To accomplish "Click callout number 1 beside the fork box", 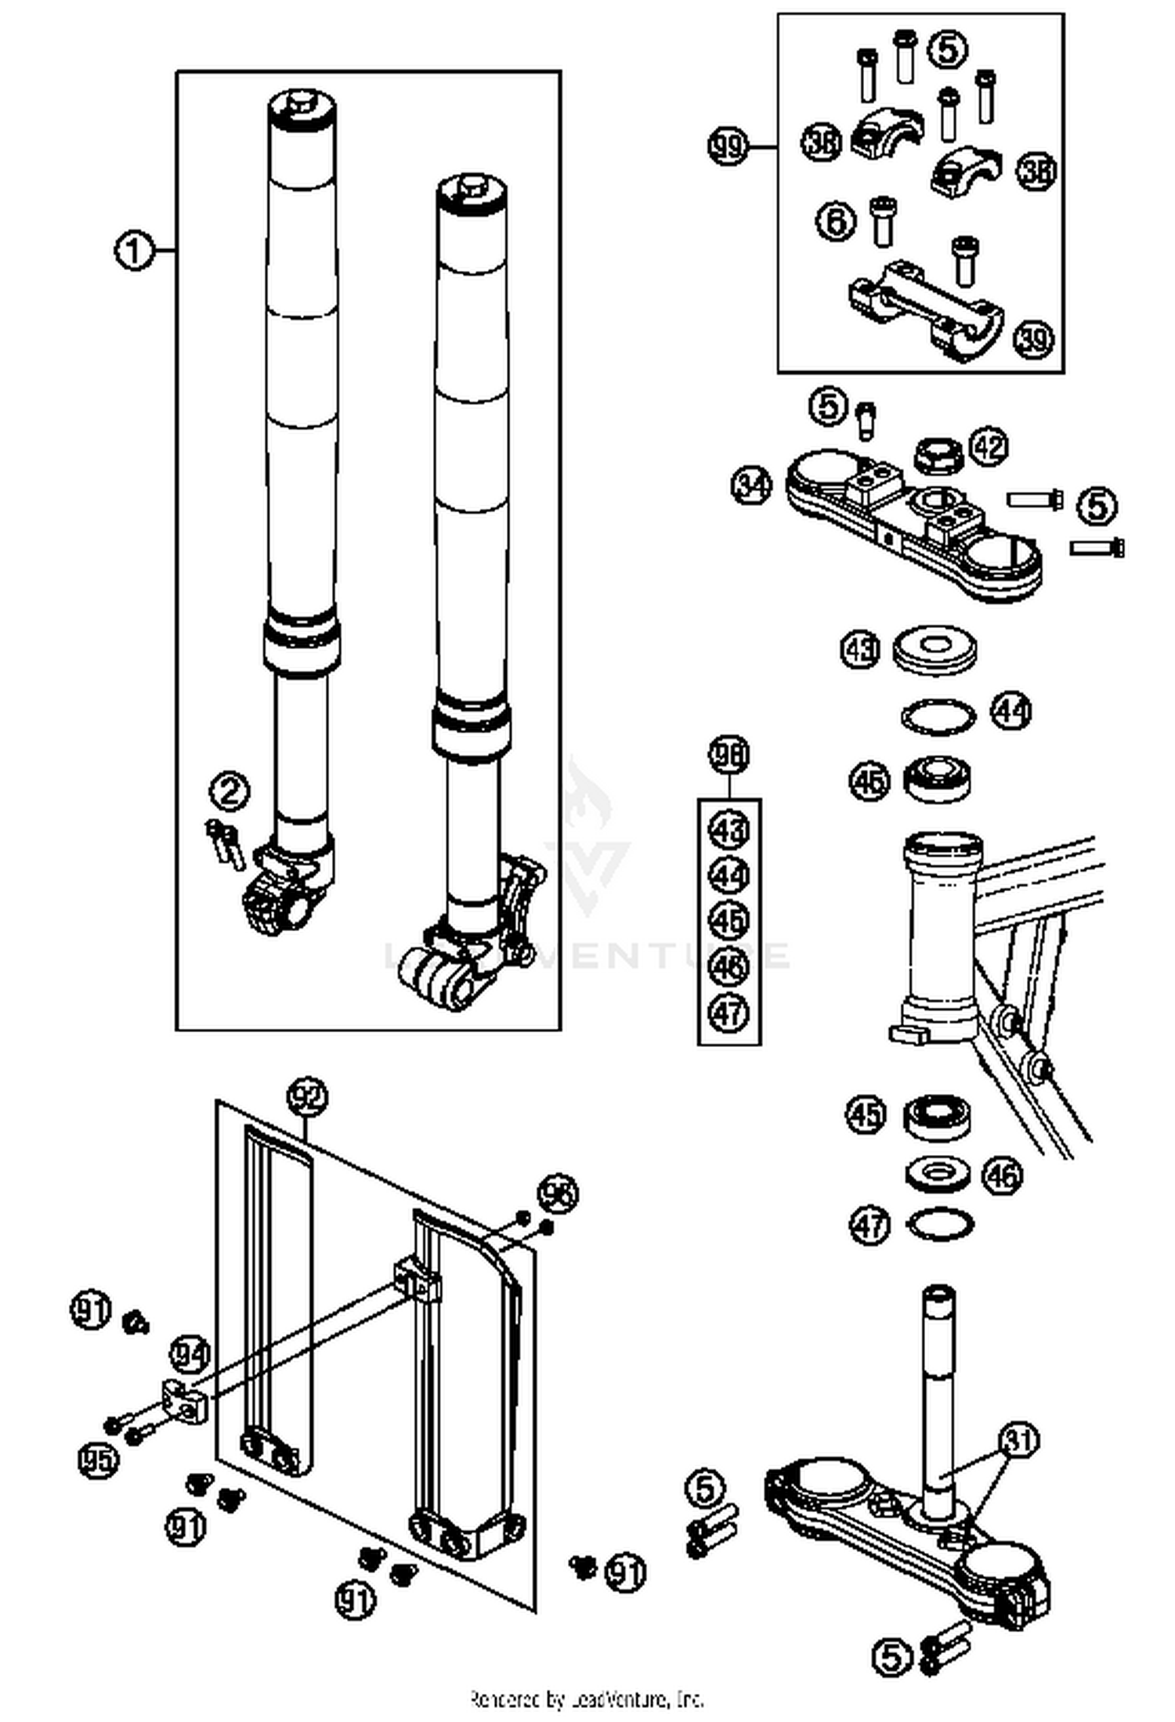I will tap(134, 251).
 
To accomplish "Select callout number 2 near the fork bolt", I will tap(230, 792).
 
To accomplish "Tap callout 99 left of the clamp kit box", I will tap(728, 146).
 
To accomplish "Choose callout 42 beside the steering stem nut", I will tap(989, 447).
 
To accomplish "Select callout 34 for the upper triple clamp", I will tap(751, 486).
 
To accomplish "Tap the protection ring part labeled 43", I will tap(935, 649).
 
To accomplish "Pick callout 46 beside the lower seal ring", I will tap(1003, 1175).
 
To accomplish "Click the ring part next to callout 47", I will tap(940, 1224).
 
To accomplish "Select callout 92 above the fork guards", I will tap(307, 1098).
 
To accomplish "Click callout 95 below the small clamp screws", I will tap(99, 1458).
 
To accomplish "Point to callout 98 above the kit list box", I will tap(728, 754).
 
